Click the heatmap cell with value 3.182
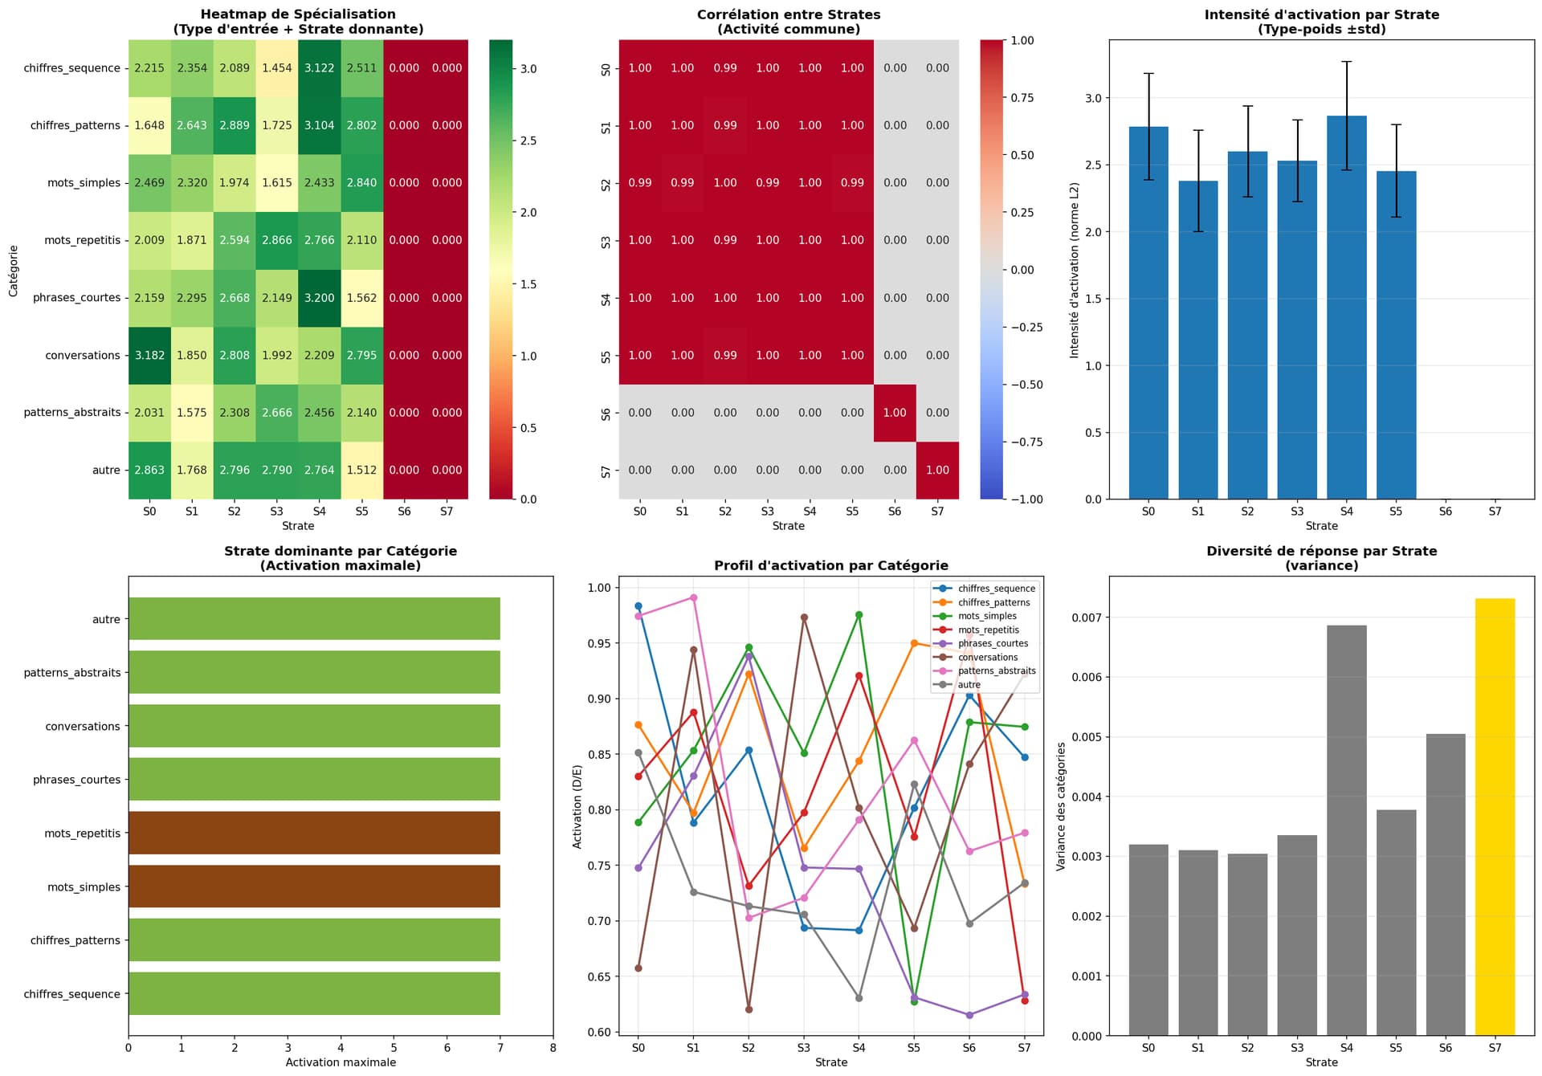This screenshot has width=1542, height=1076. pos(149,355)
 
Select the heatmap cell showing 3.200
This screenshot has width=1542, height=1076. pos(319,298)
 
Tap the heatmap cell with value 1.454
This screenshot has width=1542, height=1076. pos(276,68)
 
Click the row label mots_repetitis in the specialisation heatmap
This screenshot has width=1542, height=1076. pos(83,240)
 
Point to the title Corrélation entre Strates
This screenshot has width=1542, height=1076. pos(789,14)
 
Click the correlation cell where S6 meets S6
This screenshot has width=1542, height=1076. pos(895,413)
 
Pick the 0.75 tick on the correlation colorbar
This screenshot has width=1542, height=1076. pos(1022,98)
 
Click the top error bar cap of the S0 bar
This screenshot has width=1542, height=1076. pos(1148,74)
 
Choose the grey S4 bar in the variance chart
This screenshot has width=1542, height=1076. pos(1346,830)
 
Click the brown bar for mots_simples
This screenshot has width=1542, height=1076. pos(314,886)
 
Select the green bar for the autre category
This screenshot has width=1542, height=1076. pos(314,619)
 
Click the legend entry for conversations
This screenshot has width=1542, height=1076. pos(987,657)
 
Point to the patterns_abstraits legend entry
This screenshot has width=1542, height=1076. pos(996,670)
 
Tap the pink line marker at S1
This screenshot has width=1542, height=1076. pos(693,597)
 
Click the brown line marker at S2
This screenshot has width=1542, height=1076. pos(749,1009)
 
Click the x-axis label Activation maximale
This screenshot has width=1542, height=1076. pos(341,1062)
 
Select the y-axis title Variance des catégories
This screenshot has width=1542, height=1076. pos(1061,806)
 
